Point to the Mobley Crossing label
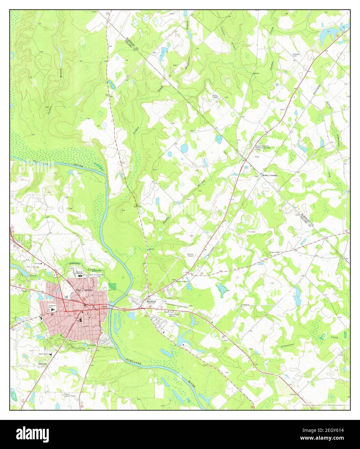point(270,175)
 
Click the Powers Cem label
point(274,252)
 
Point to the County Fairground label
point(104,340)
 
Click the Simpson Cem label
point(297,55)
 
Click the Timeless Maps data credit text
point(323,405)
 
